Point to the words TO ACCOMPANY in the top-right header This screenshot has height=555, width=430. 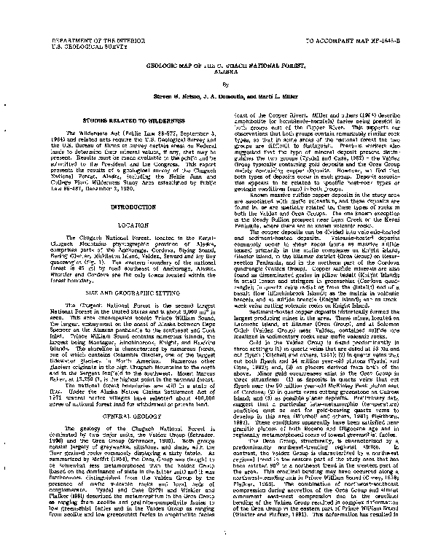329,34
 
